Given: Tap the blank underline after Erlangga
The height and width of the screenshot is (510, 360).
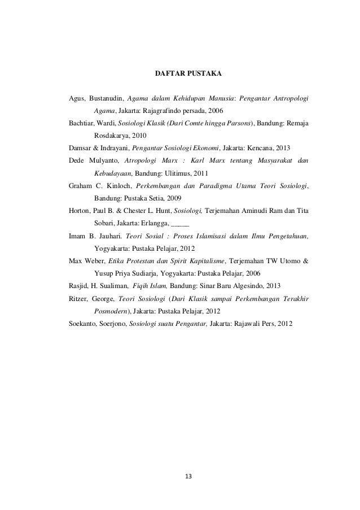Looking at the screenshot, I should [x=191, y=222].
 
